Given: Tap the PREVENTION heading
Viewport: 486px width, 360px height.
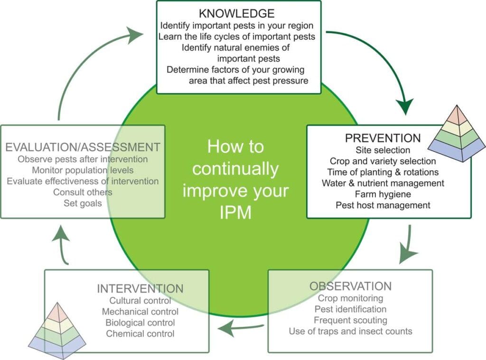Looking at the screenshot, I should coord(383,138).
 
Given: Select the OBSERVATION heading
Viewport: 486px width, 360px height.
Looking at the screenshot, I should coord(351,286).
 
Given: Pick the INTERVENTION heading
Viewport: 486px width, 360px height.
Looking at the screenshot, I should coord(140,288).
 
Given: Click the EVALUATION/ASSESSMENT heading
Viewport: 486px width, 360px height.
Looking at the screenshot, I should coord(83,147).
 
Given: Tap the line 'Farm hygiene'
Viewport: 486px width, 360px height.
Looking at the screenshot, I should coord(383,194).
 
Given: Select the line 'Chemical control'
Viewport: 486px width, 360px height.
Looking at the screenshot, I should coord(140,333).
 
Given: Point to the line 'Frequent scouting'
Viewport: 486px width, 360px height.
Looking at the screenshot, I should coord(351,320).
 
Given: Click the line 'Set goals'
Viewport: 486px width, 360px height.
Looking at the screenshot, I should coord(83,203).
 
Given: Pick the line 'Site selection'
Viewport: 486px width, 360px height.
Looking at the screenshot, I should coord(383,150).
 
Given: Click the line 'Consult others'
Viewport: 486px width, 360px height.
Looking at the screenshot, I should coord(83,192).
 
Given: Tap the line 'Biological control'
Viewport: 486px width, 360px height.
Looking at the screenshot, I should coord(140,323).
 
